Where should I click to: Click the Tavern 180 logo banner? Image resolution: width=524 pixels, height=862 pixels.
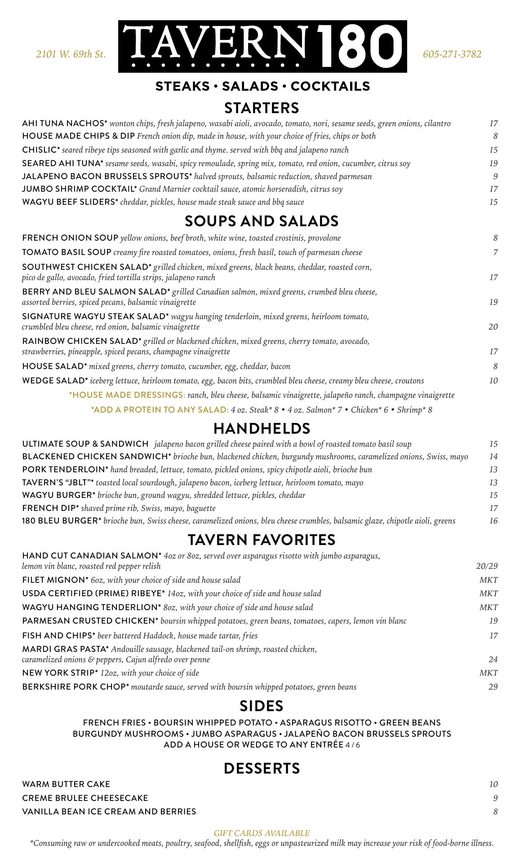click(262, 47)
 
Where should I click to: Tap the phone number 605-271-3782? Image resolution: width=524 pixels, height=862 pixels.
click(452, 54)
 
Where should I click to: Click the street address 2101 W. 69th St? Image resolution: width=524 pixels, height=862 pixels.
click(71, 54)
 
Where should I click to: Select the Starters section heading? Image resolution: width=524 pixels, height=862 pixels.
click(262, 108)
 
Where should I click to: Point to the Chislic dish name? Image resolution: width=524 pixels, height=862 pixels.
click(41, 150)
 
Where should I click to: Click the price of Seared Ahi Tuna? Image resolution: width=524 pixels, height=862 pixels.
click(493, 163)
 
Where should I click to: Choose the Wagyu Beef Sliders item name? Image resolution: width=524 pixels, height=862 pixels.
click(70, 202)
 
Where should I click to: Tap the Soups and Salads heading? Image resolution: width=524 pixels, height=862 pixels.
click(262, 221)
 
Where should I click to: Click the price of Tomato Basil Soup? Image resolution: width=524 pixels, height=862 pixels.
click(495, 252)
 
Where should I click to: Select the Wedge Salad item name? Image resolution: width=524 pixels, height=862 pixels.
click(55, 381)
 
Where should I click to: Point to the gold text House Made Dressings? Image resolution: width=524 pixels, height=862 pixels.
click(127, 395)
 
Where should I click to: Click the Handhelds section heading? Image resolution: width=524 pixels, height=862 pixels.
click(262, 429)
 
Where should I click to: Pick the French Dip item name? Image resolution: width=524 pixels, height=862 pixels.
click(50, 508)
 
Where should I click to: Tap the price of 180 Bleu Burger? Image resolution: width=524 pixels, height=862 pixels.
click(493, 521)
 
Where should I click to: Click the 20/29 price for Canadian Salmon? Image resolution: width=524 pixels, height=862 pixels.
click(487, 566)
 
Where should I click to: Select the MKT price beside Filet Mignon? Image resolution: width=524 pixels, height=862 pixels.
click(488, 580)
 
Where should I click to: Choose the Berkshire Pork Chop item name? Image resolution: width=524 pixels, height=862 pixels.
click(75, 687)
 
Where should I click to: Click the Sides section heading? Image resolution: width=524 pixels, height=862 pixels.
click(262, 706)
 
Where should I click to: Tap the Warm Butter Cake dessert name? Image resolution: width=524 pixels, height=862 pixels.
click(66, 784)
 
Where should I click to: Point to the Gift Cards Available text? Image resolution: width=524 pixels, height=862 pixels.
click(262, 833)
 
